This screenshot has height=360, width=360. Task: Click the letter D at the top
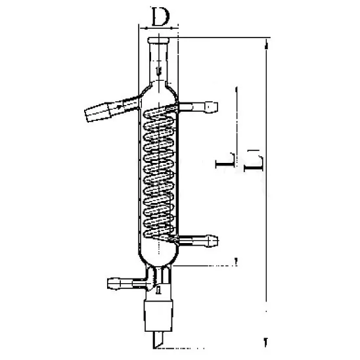[161, 17]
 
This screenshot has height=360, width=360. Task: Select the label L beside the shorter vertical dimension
[225, 161]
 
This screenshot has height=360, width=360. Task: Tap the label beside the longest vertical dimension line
[254, 161]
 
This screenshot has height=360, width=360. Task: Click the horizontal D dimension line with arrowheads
[158, 28]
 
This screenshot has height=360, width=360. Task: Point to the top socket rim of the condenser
[158, 40]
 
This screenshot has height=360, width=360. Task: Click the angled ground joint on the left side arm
[99, 112]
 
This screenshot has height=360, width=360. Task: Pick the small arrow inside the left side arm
[119, 106]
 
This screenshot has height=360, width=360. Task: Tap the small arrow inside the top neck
[158, 70]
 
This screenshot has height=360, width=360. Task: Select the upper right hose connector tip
[212, 107]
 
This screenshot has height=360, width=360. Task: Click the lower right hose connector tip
[213, 240]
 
